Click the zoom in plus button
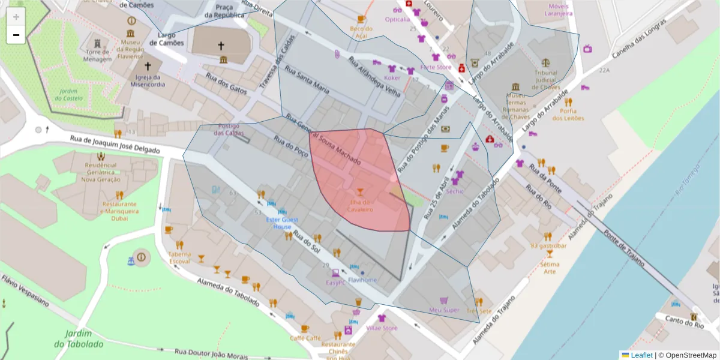coord(16,17)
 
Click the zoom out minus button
coord(16,35)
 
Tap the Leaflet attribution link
coord(641,355)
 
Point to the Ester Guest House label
coord(282,223)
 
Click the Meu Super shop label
coord(444,310)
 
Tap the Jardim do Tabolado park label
coord(78,339)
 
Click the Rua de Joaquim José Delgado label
coord(115,145)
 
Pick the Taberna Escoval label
coord(179,257)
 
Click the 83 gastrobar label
coord(548,245)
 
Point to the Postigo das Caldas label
coord(229,129)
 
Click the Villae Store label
coord(382,328)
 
